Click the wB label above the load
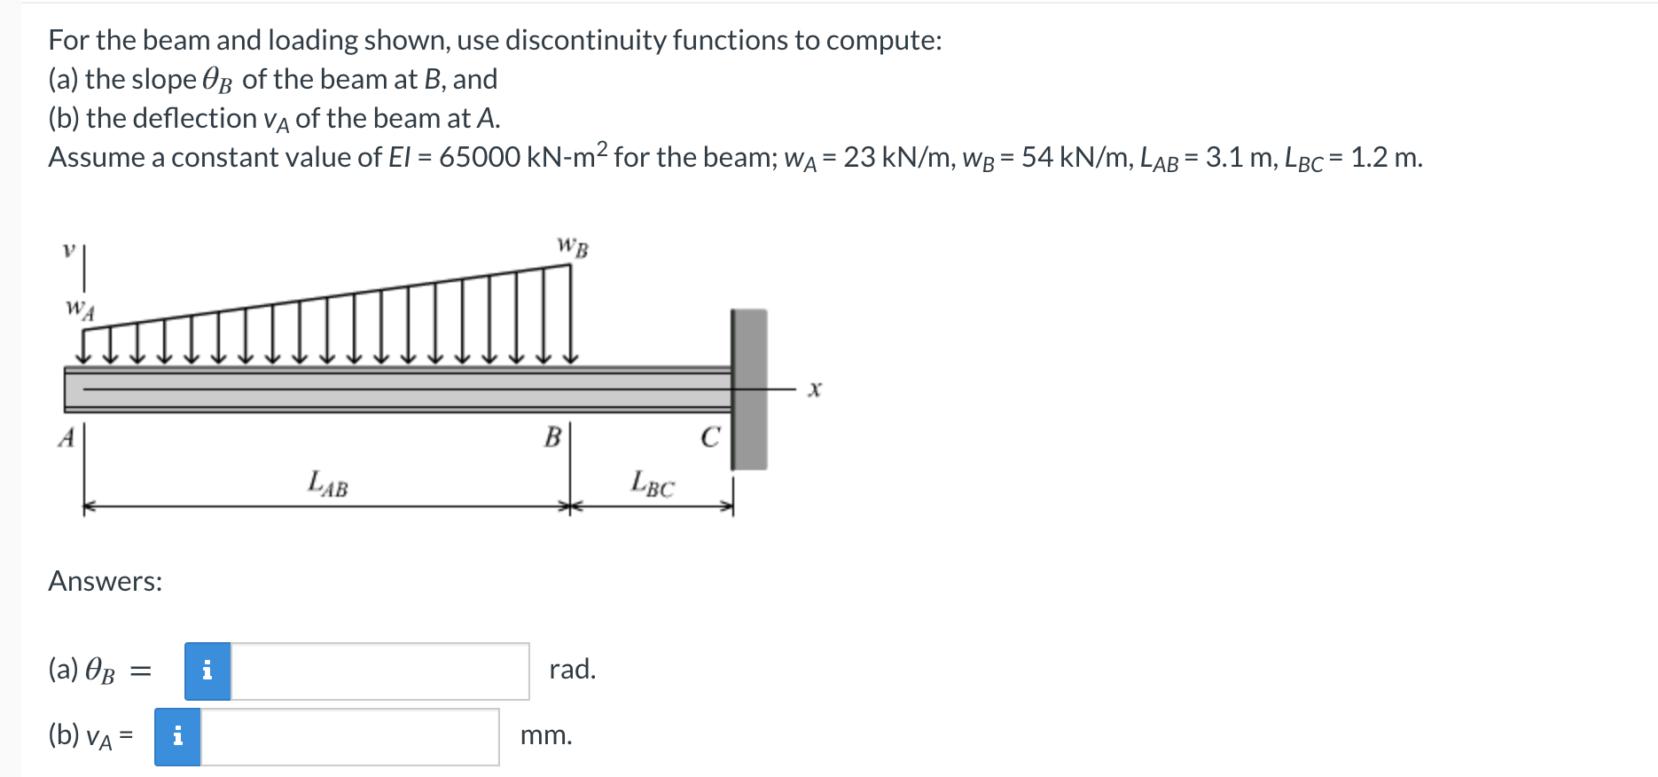tap(572, 247)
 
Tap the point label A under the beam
tap(66, 438)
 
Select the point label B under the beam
tap(552, 436)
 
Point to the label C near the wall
tap(709, 437)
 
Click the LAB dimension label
tap(327, 483)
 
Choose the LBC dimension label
tap(653, 483)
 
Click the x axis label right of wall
tap(815, 389)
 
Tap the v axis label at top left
tap(66, 251)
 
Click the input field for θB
tap(379, 671)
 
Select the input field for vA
tap(349, 736)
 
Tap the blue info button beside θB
tap(207, 671)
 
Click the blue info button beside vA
tap(177, 736)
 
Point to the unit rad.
tap(572, 670)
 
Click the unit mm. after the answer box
tap(546, 735)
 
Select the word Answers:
tap(106, 582)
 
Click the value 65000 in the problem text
tap(479, 158)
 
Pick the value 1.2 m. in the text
tap(1386, 158)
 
